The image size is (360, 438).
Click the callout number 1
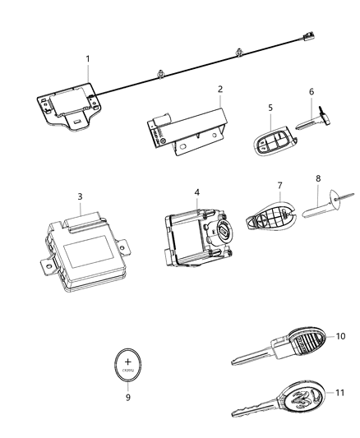point(88,59)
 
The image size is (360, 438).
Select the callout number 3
point(79,196)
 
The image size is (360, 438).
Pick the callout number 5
point(269,106)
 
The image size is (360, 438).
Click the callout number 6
point(311,94)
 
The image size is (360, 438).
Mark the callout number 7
point(279,186)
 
